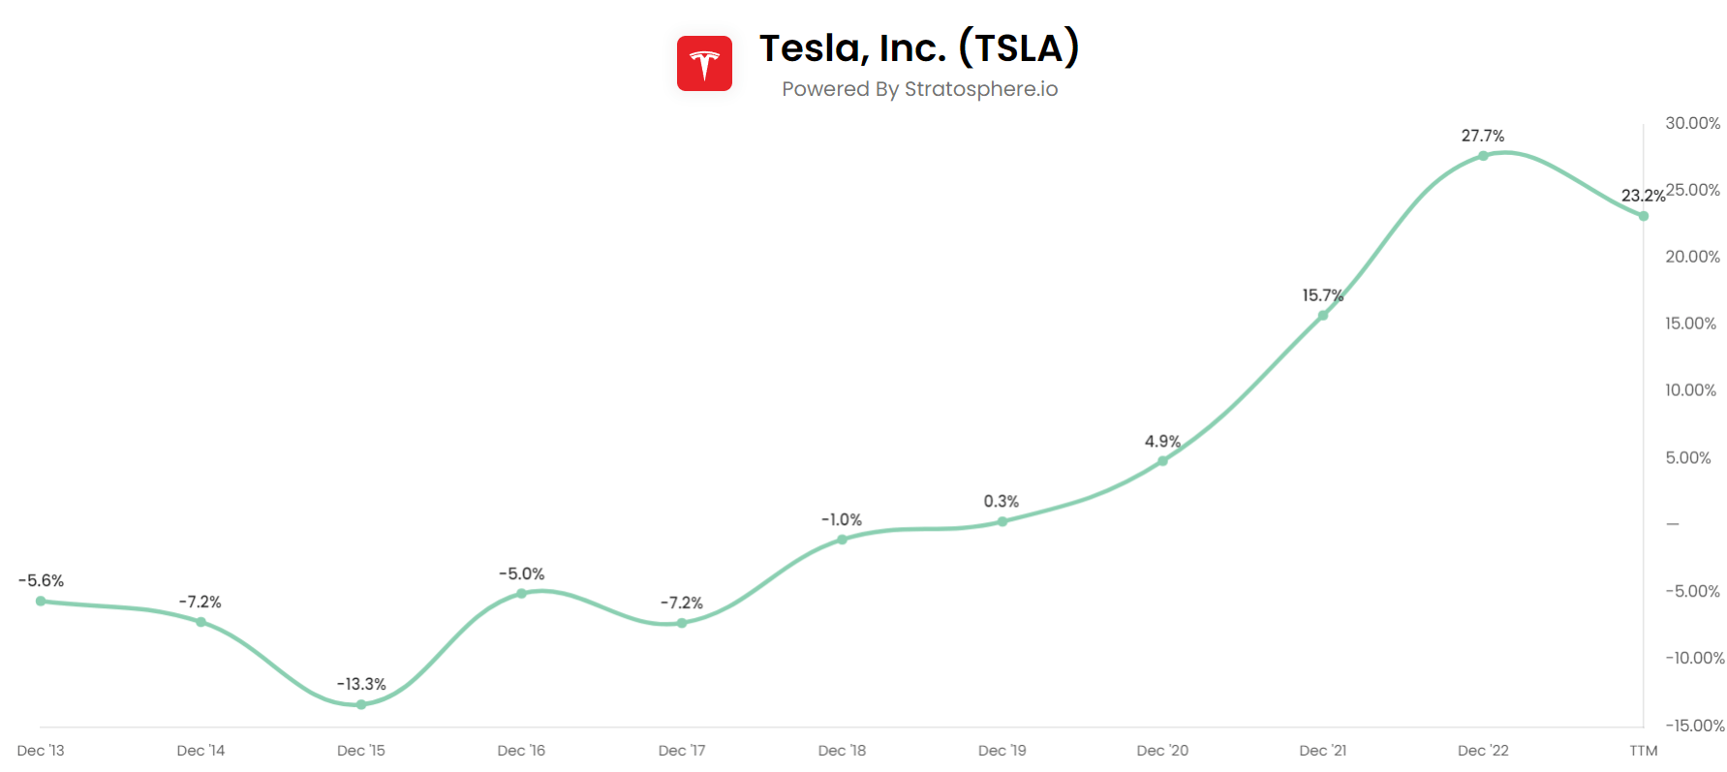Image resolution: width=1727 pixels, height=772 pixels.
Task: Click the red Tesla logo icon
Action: (704, 64)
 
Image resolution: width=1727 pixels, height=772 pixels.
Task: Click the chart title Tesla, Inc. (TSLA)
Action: (918, 47)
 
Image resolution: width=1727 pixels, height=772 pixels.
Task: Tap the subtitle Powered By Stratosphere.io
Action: (919, 89)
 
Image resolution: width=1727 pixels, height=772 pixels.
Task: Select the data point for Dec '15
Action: (361, 704)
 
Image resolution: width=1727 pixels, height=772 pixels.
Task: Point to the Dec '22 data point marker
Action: (1483, 156)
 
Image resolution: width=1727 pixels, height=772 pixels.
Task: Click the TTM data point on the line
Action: (1644, 216)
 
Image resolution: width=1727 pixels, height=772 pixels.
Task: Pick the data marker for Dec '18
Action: (842, 540)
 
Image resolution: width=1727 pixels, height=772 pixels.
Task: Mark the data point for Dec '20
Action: (1162, 461)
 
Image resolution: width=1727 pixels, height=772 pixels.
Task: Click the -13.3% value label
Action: (361, 684)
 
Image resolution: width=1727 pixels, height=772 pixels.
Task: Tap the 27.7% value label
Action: (1483, 136)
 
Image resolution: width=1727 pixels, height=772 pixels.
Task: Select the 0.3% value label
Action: (1002, 501)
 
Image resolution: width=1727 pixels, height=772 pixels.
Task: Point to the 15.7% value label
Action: (1322, 295)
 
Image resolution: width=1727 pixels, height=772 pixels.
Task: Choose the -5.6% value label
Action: (41, 580)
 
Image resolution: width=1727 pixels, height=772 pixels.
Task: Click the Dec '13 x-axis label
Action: (41, 751)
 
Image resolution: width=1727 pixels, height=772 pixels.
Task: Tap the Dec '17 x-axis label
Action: (682, 751)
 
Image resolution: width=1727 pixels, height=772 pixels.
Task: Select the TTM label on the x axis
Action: (1644, 751)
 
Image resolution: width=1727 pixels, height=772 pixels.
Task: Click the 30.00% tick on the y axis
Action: (1692, 123)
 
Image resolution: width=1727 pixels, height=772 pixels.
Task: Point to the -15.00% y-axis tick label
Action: (1694, 726)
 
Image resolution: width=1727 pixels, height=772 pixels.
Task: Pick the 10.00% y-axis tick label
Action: (1690, 390)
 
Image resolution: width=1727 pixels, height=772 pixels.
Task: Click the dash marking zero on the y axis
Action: (1673, 524)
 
